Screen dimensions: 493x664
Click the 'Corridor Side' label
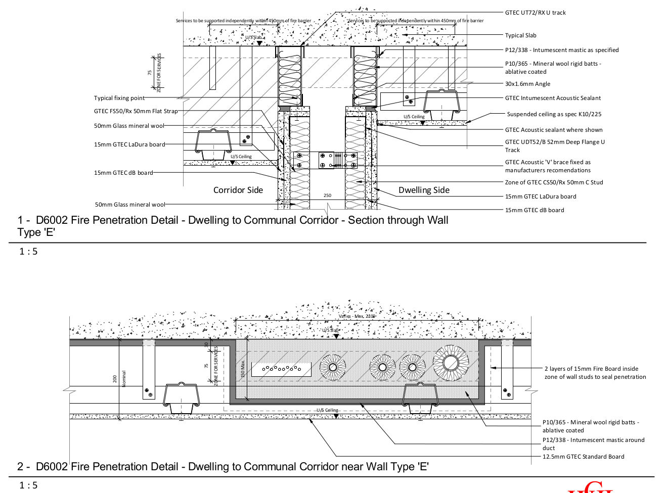[x=238, y=190]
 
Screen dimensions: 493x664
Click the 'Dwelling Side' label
[x=423, y=190]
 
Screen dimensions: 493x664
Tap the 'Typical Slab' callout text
[x=520, y=35]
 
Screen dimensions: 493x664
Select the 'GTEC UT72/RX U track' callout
[x=535, y=13]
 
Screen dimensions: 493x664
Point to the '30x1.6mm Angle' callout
[x=527, y=84]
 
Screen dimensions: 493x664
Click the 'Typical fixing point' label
[x=119, y=98]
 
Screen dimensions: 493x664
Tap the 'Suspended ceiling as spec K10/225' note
[x=554, y=114]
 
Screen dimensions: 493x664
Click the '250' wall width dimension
[x=327, y=195]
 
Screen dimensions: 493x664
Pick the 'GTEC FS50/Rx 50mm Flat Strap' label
[x=136, y=111]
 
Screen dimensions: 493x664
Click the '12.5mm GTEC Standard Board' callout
[x=583, y=457]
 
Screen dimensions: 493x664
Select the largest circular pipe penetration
[x=450, y=362]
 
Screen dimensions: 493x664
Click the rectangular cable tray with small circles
[x=282, y=370]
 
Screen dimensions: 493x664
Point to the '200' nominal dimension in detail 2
[x=115, y=378]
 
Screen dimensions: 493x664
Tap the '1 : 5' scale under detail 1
[x=28, y=252]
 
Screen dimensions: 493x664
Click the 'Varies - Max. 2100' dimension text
[x=357, y=316]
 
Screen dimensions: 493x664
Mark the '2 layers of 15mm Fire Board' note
[x=595, y=373]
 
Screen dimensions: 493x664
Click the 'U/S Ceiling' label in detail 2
[x=327, y=410]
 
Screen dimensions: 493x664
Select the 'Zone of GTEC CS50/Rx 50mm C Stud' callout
[x=554, y=182]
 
